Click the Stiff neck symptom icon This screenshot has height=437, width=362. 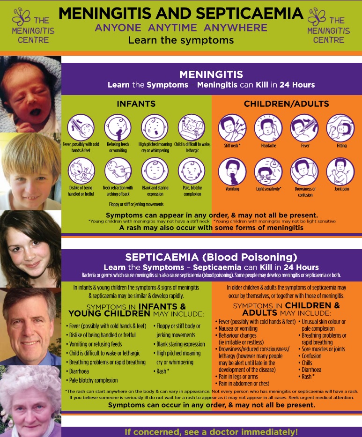pyautogui.click(x=232, y=128)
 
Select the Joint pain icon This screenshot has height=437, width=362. pyautogui.click(x=340, y=171)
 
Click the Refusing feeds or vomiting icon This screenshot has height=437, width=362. pyautogui.click(x=118, y=128)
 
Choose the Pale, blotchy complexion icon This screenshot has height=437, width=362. pyautogui.click(x=192, y=171)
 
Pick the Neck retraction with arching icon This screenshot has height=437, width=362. pyautogui.click(x=118, y=171)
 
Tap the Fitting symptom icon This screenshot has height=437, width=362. pyautogui.click(x=340, y=128)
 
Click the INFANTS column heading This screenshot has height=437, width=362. pyautogui.click(x=136, y=104)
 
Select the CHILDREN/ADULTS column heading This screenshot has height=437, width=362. pyautogui.click(x=286, y=104)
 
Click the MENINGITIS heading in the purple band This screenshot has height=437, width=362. pyautogui.click(x=211, y=74)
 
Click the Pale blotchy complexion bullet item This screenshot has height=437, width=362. pyautogui.click(x=93, y=380)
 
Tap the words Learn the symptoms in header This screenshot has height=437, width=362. pyautogui.click(x=181, y=40)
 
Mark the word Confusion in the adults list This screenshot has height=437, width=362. pyautogui.click(x=311, y=356)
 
